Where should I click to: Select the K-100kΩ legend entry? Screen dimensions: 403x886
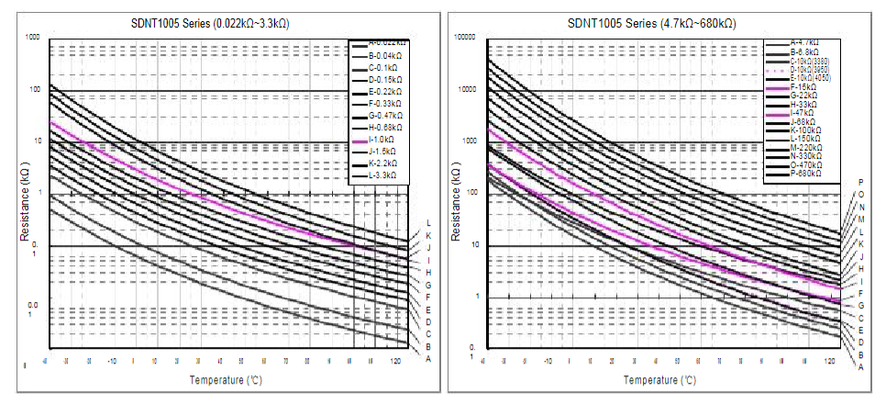(x=805, y=129)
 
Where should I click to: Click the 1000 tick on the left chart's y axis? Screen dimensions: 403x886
(x=33, y=38)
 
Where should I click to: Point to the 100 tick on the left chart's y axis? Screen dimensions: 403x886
(x=34, y=90)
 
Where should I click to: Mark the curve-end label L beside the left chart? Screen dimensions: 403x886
(x=428, y=223)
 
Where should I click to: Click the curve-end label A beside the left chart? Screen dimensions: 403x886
(x=428, y=359)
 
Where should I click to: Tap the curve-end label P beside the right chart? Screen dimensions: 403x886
(x=860, y=183)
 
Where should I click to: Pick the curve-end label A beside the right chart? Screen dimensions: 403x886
(x=860, y=366)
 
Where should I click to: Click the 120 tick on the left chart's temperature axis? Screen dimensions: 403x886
(x=394, y=362)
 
